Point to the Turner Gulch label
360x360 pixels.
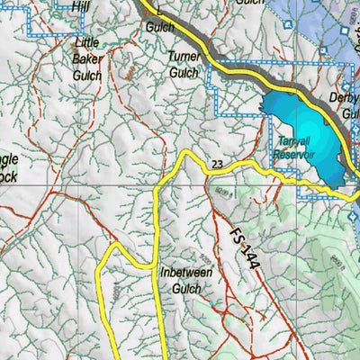(183, 64)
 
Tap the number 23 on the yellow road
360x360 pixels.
(217, 164)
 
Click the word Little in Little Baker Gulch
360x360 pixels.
(87, 43)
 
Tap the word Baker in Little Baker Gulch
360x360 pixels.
(87, 59)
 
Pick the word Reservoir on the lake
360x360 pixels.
(298, 156)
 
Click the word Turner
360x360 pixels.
(183, 56)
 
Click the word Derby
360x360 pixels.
(345, 97)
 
